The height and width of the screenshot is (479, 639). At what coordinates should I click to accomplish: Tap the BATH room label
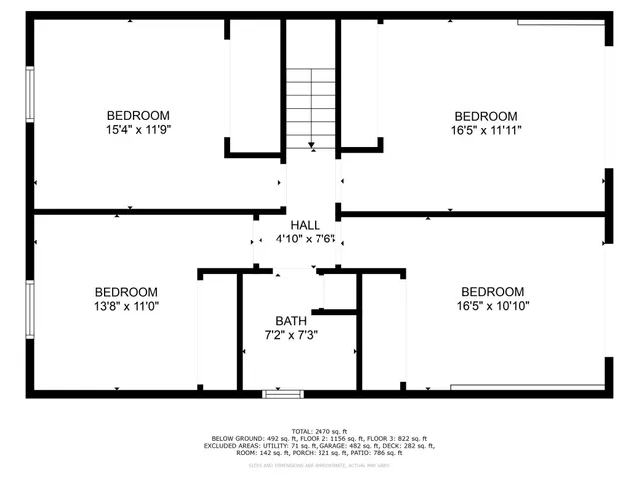tap(291, 320)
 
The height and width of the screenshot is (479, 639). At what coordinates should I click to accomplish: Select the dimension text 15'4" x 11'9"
tap(138, 129)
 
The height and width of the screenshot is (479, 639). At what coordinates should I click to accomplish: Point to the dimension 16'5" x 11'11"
tap(486, 129)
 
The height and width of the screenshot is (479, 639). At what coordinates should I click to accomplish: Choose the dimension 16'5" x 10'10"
tap(493, 306)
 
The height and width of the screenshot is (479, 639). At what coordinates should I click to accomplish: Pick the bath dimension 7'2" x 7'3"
tap(291, 335)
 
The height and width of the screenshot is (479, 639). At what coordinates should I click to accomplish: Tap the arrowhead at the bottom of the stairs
tap(312, 146)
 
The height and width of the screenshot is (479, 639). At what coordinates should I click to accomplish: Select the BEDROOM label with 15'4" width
tap(138, 115)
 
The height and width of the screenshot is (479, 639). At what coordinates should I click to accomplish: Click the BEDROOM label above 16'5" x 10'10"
tap(493, 291)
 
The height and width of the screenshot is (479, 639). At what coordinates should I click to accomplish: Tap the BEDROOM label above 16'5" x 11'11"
tap(486, 115)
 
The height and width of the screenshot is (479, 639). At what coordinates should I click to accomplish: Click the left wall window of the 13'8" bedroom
tap(30, 311)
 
